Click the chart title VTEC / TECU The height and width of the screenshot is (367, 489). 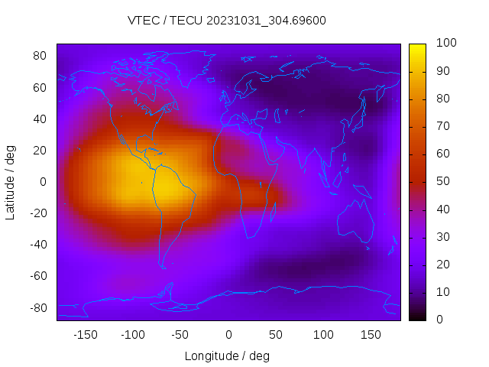click(x=226, y=21)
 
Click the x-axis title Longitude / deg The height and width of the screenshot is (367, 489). click(x=227, y=356)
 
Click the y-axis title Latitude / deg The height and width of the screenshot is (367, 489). click(x=11, y=182)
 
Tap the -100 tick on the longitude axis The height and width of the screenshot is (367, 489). click(x=132, y=335)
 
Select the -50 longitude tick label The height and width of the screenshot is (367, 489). click(x=180, y=335)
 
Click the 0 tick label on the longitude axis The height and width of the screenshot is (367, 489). click(x=228, y=335)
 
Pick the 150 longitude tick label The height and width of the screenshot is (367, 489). click(x=371, y=335)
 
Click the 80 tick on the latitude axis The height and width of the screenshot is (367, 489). click(x=40, y=56)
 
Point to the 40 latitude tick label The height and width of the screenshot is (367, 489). click(x=40, y=119)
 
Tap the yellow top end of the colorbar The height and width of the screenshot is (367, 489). click(x=417, y=47)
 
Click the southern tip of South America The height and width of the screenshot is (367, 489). click(x=163, y=265)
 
